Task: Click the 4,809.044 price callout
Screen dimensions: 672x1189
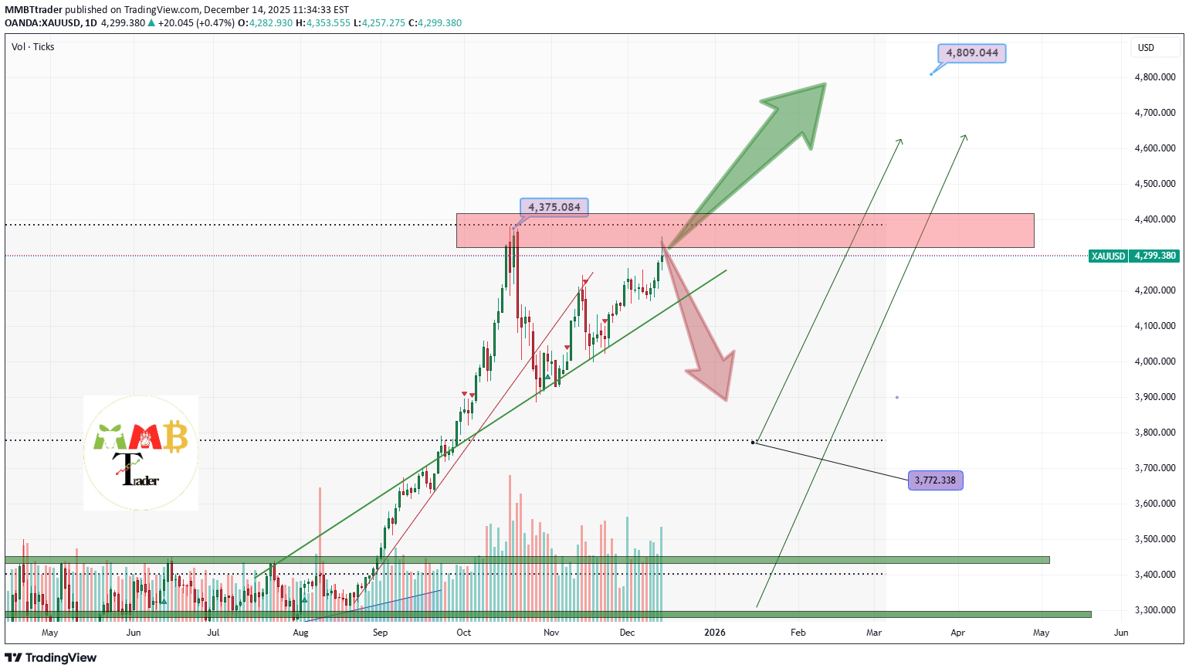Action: [x=972, y=53]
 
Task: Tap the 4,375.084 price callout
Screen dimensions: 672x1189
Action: [x=554, y=207]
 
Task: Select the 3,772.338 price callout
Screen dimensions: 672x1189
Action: [x=935, y=480]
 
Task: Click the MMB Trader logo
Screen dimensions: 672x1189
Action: [x=141, y=453]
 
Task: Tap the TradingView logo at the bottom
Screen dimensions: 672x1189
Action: [x=51, y=658]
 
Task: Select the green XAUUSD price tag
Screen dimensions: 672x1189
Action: [x=1108, y=256]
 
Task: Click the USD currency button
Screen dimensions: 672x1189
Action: [x=1146, y=48]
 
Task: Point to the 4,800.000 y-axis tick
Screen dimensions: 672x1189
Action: [x=1155, y=77]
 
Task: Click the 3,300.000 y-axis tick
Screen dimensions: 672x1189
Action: [x=1155, y=610]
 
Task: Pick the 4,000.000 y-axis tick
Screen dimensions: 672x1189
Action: [x=1155, y=361]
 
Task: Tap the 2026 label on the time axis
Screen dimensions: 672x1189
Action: [x=715, y=633]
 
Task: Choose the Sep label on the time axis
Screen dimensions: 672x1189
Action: [x=380, y=633]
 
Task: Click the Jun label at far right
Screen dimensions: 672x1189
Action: [x=1121, y=633]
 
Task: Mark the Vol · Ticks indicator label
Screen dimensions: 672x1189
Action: [x=33, y=47]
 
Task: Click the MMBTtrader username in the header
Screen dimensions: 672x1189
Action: [x=33, y=10]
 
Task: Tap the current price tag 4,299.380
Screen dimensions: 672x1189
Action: [x=1155, y=256]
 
